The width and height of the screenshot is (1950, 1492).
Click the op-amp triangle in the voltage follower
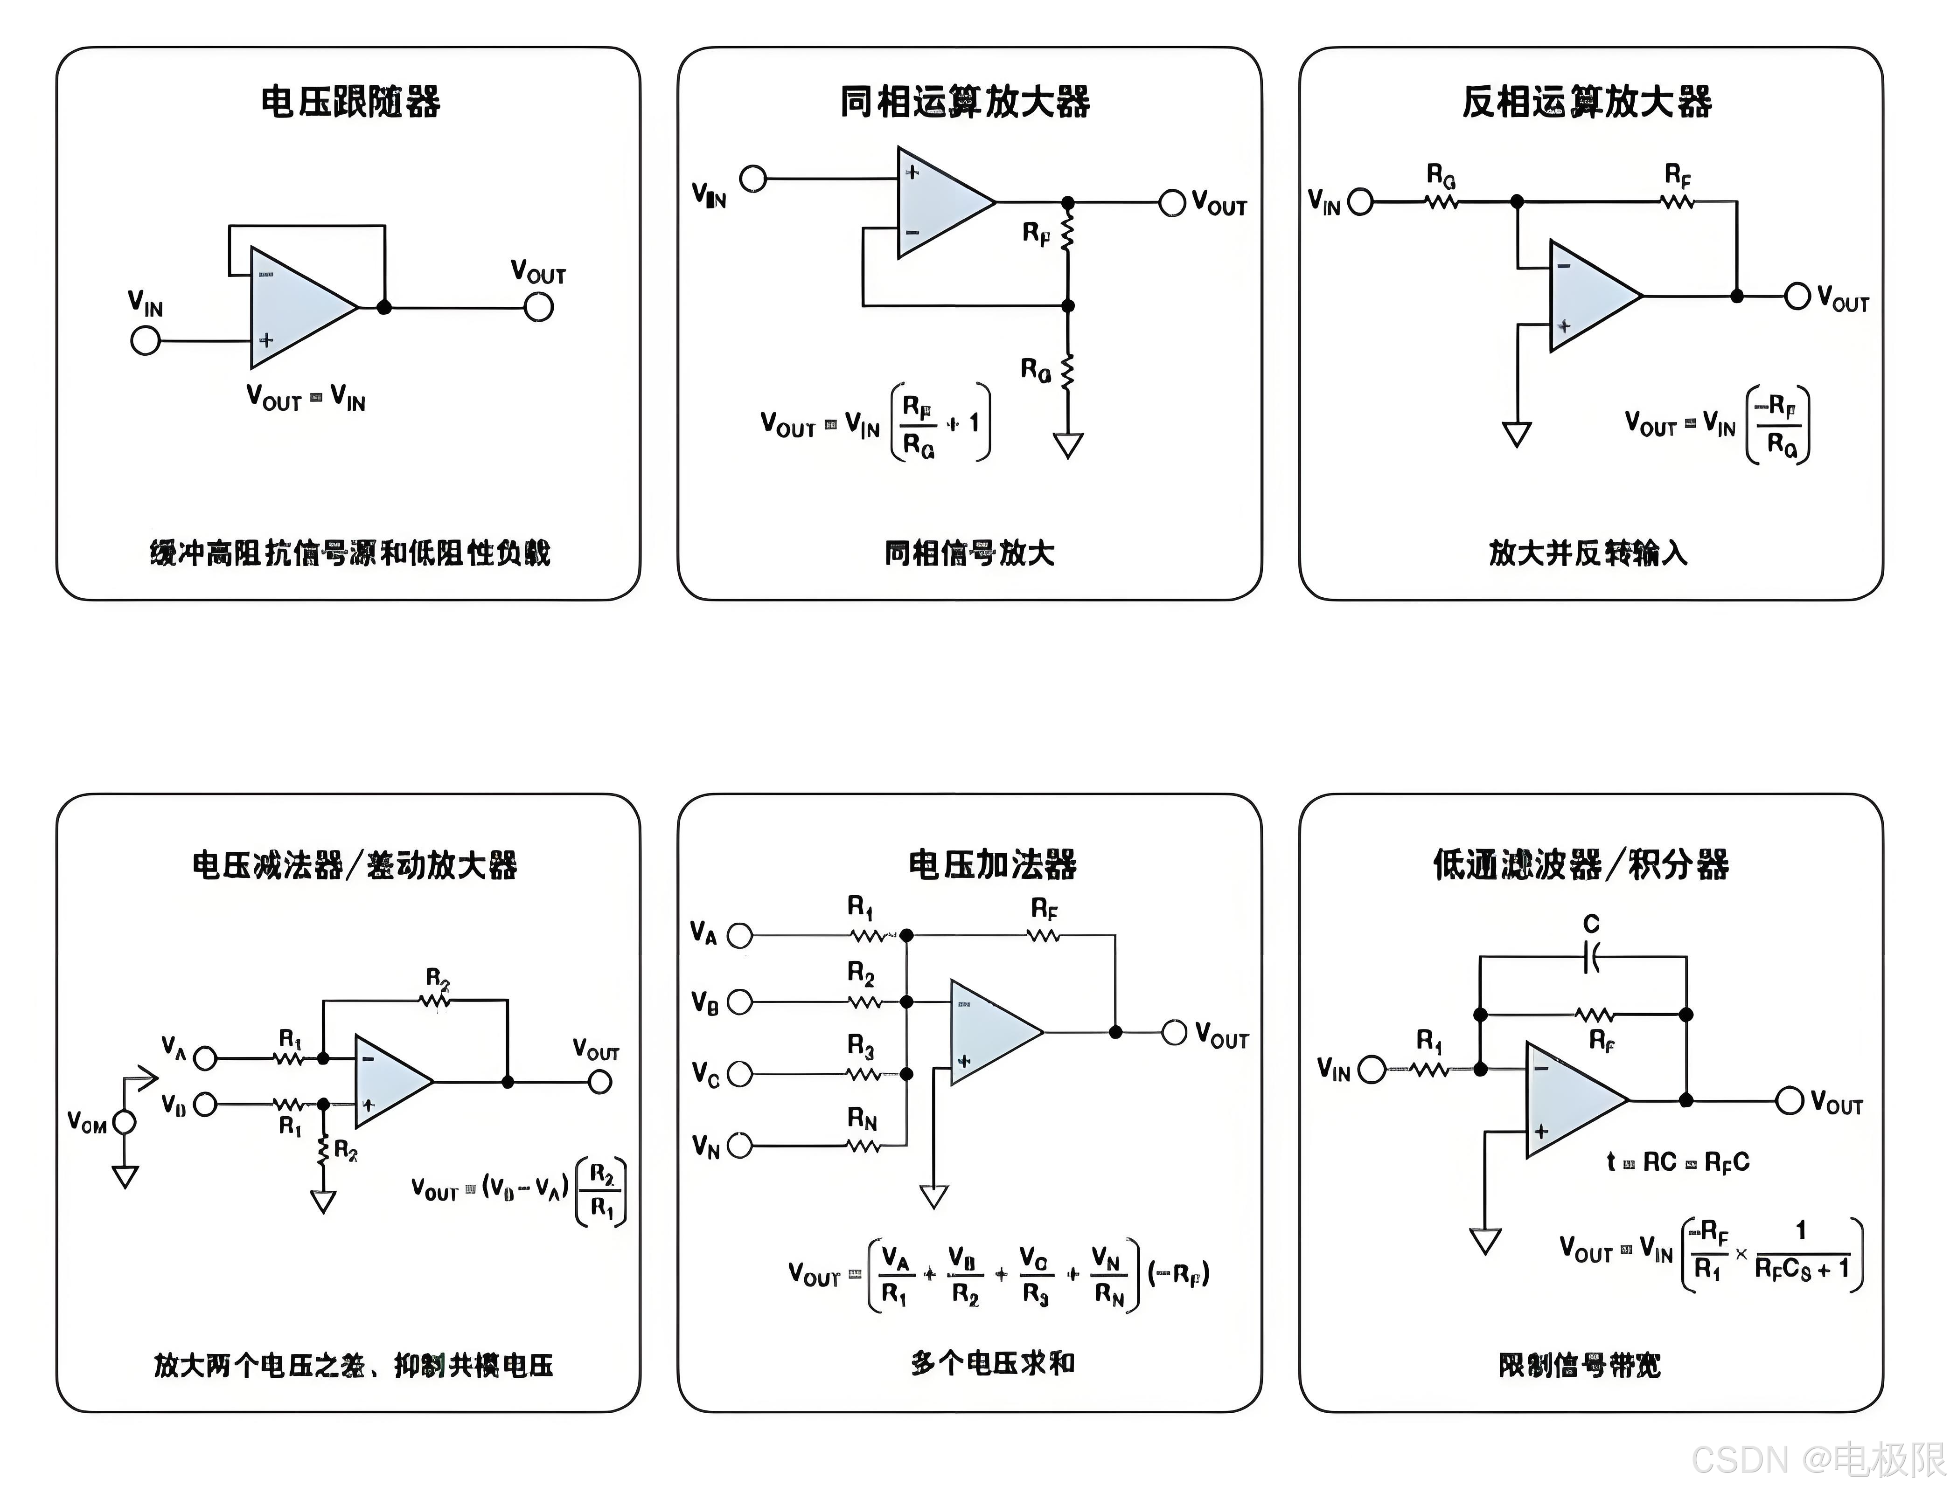pyautogui.click(x=298, y=307)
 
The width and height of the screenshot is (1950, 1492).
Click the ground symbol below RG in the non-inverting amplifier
pyautogui.click(x=1068, y=444)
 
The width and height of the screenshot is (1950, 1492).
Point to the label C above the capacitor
pyautogui.click(x=1591, y=925)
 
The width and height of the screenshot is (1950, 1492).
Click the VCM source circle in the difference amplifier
pyautogui.click(x=125, y=1123)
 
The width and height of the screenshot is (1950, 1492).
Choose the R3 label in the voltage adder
pyautogui.click(x=860, y=1047)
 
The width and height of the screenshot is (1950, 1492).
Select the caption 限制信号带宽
pyautogui.click(x=1579, y=1365)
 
